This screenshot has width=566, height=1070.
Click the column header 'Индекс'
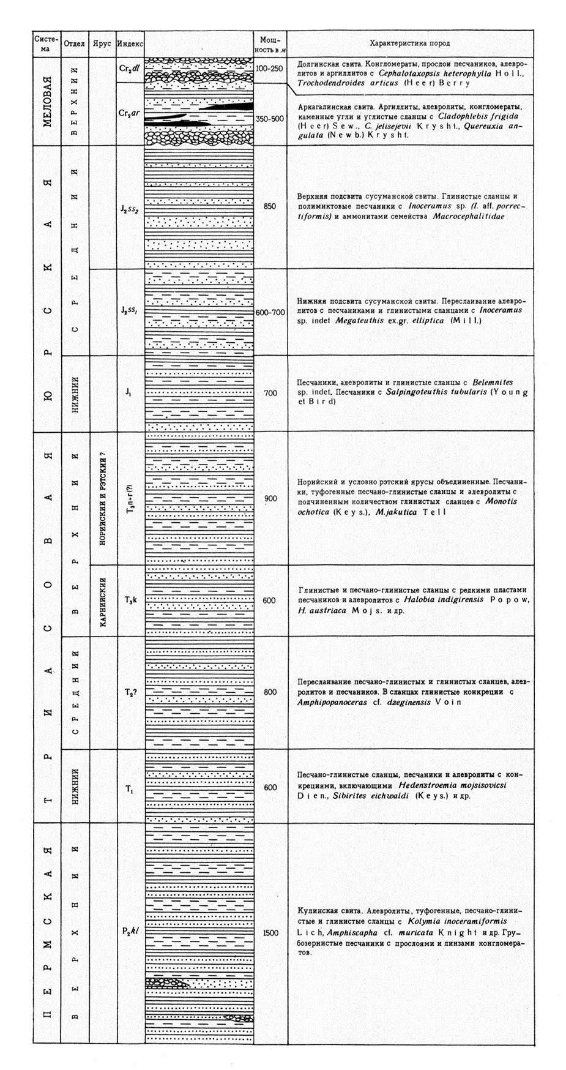[130, 44]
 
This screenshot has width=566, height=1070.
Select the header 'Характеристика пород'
[409, 43]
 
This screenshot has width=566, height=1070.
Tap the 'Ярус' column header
[102, 44]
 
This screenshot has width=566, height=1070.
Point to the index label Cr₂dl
[130, 69]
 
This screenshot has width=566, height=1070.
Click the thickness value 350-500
[270, 118]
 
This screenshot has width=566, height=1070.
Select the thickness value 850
[270, 207]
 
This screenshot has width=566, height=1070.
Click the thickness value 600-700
[270, 312]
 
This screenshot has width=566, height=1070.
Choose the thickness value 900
[270, 499]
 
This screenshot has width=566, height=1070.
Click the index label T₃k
[130, 600]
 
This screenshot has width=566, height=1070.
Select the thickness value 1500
[270, 933]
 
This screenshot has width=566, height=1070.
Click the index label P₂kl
[130, 932]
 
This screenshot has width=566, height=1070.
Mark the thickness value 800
[270, 692]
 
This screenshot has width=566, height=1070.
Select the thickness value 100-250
[270, 69]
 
